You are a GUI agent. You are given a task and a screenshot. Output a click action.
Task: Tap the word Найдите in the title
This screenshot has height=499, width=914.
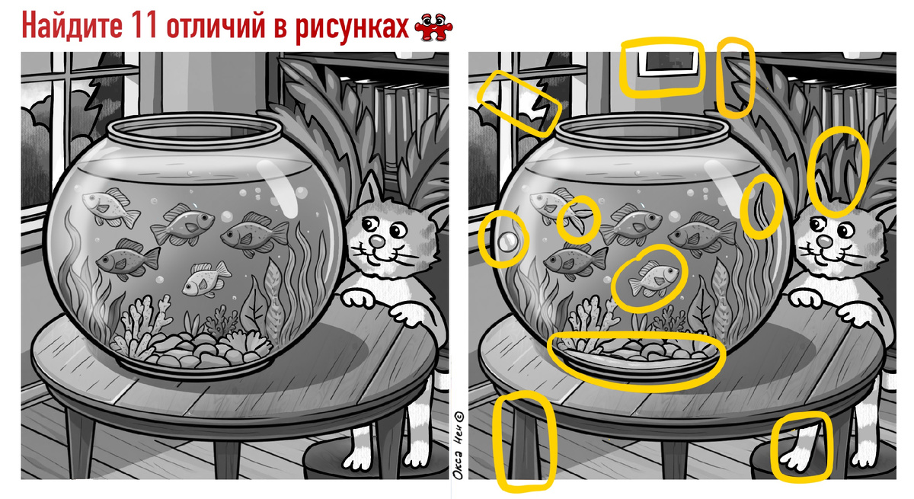[x=72, y=26]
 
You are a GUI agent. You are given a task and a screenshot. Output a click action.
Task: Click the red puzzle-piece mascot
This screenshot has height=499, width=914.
[x=433, y=27]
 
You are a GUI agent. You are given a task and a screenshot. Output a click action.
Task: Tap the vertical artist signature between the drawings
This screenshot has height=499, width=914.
[x=459, y=445]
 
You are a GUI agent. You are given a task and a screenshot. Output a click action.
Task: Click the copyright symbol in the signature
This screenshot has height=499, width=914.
[x=459, y=416]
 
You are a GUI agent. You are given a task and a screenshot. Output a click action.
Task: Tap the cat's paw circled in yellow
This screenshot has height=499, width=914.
[x=796, y=459]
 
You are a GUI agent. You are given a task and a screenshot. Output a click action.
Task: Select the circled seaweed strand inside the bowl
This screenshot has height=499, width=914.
[x=761, y=206]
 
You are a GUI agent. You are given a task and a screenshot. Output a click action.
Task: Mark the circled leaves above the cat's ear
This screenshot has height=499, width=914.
[x=836, y=171]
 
